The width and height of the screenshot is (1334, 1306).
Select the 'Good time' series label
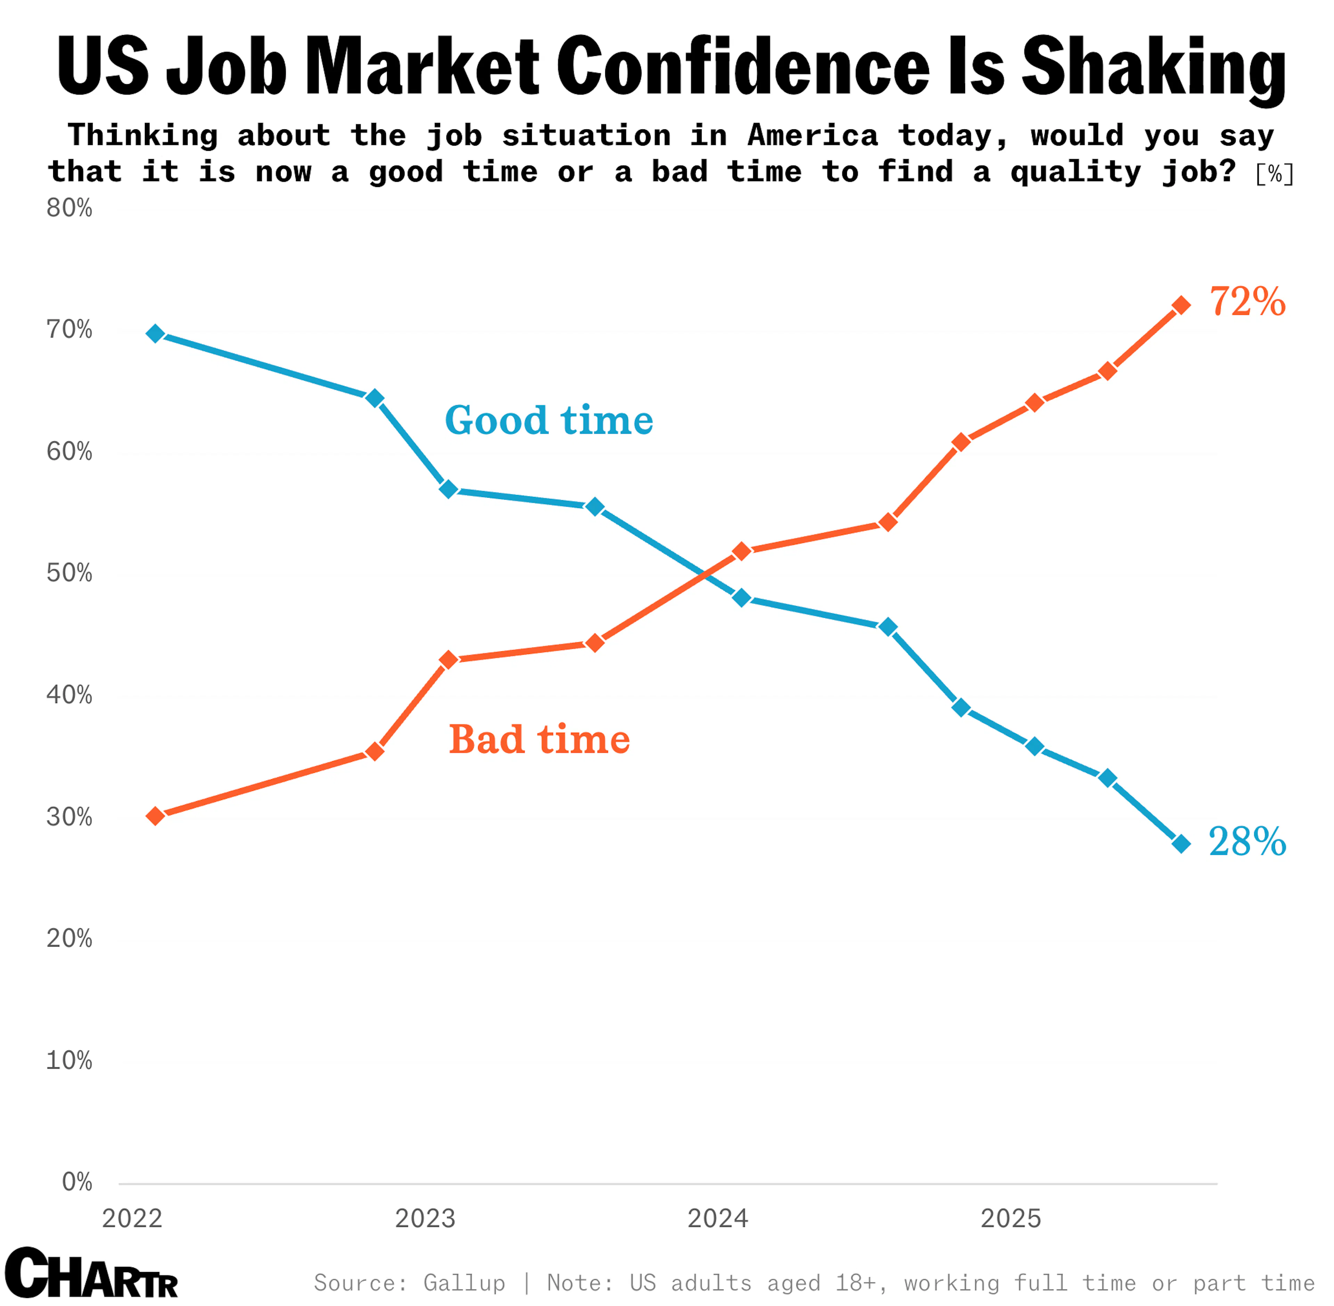point(549,420)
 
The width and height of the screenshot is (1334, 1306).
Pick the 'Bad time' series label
point(539,740)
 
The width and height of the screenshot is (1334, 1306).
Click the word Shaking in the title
point(1154,66)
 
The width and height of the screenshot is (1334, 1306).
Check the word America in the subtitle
point(812,135)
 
